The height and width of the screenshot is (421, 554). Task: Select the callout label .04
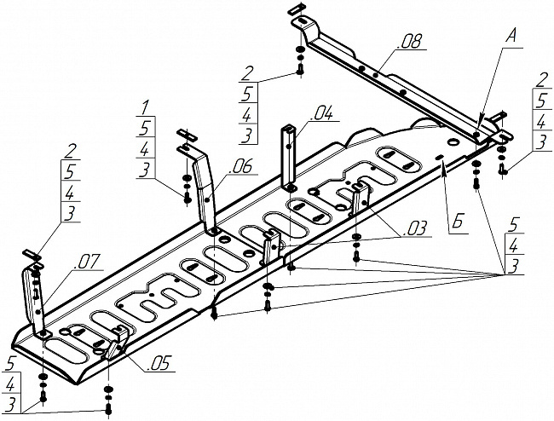320,114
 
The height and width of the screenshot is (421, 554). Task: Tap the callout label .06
240,166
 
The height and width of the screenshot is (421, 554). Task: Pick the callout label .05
159,363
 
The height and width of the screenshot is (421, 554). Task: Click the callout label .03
414,228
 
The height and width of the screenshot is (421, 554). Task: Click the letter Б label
458,223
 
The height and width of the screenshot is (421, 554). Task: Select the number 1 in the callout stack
145,107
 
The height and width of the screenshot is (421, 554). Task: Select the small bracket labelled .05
116,343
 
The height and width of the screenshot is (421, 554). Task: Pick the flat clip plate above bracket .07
32,254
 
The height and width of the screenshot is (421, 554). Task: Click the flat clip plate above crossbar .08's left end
296,9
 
